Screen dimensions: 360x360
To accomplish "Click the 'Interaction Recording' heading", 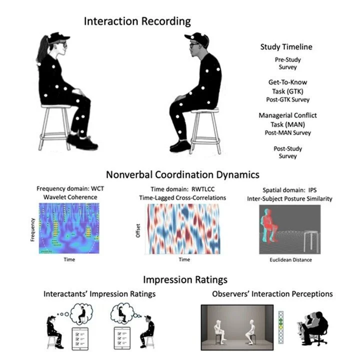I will click(137, 21).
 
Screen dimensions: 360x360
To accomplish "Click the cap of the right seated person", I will click(195, 38).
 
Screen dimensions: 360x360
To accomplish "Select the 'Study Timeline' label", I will click(286, 47).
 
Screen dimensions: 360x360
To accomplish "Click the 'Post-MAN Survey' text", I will click(287, 132).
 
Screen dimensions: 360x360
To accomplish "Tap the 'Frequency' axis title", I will click(33, 228).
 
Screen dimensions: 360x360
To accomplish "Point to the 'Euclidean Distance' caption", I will click(284, 260).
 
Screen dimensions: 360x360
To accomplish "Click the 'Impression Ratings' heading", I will click(178, 279).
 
